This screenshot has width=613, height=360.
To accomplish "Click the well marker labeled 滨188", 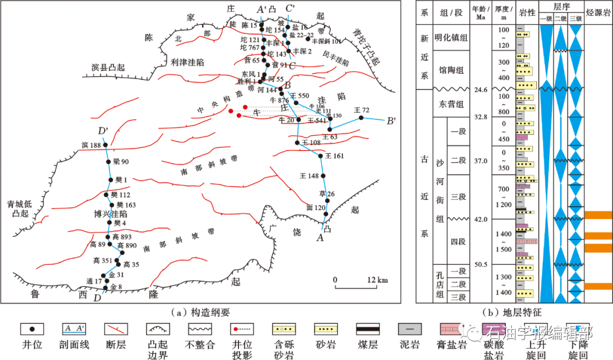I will [105, 145].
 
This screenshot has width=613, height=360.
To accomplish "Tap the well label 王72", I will [361, 110].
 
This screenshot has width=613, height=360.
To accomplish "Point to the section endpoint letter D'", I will [103, 132].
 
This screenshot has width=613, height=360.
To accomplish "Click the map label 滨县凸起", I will [108, 67].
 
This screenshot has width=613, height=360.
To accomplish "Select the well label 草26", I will [327, 194].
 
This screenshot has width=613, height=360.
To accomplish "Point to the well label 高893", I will [122, 237].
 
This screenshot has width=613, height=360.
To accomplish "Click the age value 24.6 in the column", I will [481, 90].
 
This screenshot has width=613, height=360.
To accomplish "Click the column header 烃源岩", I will [598, 13].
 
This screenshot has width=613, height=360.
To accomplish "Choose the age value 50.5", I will [481, 264].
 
